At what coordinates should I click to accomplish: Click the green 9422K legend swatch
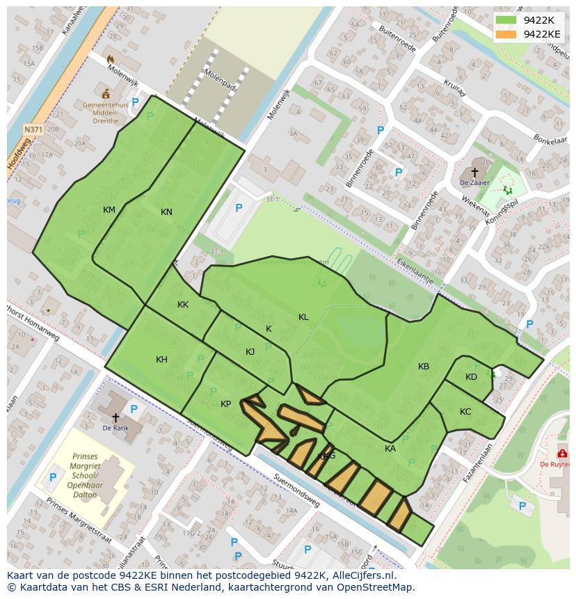tap(506, 20)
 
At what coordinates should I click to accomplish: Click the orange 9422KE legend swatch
tap(506, 34)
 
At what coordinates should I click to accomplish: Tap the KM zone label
tap(109, 210)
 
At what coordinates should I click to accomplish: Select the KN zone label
tap(166, 212)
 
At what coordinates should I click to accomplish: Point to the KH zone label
tap(161, 360)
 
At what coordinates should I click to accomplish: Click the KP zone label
tap(225, 404)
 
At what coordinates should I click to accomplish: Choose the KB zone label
tap(424, 367)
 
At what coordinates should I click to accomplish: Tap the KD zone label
tap(471, 377)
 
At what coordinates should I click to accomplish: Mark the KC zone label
tap(465, 412)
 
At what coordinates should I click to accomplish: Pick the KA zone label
tap(390, 449)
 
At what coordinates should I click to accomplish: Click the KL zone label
tap(303, 317)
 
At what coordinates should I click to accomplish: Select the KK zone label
tap(183, 305)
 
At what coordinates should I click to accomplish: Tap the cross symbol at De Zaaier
tap(474, 171)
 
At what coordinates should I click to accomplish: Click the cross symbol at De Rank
tap(115, 417)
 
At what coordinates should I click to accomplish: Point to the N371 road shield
tap(33, 129)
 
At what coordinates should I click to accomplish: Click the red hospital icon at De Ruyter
tap(561, 453)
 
